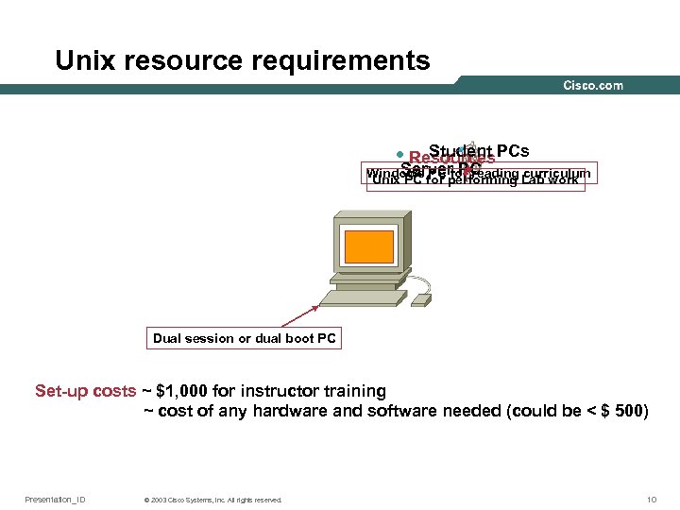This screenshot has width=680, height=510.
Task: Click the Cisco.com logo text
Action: coord(593,85)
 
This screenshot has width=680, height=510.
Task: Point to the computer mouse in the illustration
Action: coord(422,299)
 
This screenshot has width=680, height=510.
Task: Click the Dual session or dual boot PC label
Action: coord(245,338)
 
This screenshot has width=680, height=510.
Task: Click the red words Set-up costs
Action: coord(85,391)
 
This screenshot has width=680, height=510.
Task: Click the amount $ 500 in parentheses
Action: coord(620,411)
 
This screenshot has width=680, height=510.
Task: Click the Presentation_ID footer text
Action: coord(55,500)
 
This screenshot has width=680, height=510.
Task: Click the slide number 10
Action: coord(651,500)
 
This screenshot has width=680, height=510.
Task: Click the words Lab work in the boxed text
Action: coord(550,180)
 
